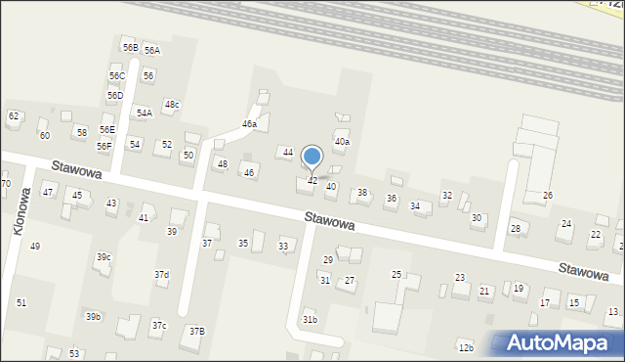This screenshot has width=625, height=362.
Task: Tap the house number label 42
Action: point(312,181)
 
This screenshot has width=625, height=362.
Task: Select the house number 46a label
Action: point(250,124)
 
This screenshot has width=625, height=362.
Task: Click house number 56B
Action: point(130,47)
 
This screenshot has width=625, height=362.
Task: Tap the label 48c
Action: point(172,105)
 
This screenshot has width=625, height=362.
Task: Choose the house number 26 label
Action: point(548,196)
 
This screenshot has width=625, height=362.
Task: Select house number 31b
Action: point(310,320)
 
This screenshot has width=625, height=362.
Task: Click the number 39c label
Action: point(104,257)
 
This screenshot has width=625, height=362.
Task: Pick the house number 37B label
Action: point(197,331)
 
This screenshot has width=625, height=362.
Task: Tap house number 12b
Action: point(466,347)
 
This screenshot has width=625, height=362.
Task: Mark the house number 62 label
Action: point(14,116)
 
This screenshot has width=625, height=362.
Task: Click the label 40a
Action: point(342,142)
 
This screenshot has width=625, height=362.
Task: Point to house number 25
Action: point(396,274)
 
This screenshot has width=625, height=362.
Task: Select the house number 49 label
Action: point(35,246)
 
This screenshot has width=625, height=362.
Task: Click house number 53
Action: point(74,353)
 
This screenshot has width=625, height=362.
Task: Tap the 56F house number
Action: point(104,146)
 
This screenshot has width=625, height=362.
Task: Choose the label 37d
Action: point(161,275)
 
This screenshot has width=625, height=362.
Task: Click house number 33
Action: point(283,246)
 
